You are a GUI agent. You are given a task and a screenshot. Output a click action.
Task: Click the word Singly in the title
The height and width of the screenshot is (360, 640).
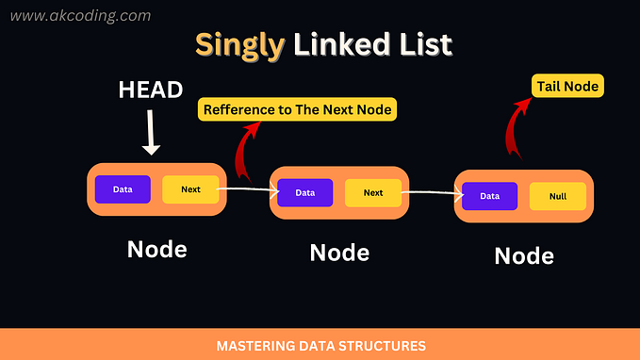[237, 44]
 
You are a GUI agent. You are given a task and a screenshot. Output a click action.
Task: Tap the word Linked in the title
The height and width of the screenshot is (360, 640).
[333, 44]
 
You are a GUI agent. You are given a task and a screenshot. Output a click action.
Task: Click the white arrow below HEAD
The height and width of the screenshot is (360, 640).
[153, 133]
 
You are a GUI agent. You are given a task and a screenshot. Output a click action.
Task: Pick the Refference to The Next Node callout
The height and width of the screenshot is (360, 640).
[298, 110]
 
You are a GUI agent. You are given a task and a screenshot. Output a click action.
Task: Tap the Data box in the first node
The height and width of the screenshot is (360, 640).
[123, 189]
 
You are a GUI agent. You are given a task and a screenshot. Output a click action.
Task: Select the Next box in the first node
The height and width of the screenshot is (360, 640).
[190, 189]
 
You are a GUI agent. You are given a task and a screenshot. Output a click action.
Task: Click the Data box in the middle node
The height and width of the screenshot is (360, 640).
[305, 193]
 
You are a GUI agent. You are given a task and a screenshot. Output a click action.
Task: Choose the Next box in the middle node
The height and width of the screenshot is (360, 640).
[373, 193]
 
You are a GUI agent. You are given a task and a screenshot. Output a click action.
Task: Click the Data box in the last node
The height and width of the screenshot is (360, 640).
[489, 196]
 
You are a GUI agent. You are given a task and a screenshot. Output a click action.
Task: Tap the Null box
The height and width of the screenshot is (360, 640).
[557, 197]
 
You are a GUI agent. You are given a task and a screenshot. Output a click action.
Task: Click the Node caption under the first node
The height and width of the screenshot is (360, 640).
[156, 250]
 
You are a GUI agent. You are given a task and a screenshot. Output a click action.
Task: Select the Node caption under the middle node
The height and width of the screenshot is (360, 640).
[339, 253]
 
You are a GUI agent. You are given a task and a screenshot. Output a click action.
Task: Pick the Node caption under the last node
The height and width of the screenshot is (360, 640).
[524, 255]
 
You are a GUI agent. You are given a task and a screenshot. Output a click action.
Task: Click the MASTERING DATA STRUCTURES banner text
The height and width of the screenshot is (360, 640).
[320, 346]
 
